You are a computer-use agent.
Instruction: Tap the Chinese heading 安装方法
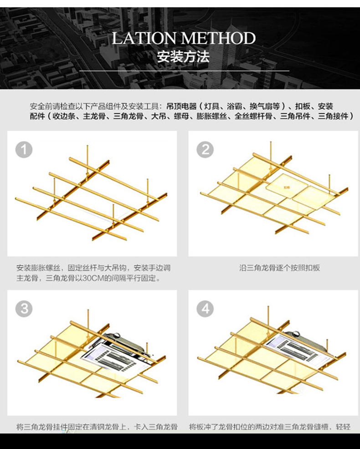pos(183,57)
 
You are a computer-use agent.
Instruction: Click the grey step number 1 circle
pos(24,149)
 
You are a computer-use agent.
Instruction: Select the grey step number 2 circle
pos(205,149)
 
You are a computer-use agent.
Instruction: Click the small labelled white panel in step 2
pos(285,186)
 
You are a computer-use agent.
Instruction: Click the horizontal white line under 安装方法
pos(184,71)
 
